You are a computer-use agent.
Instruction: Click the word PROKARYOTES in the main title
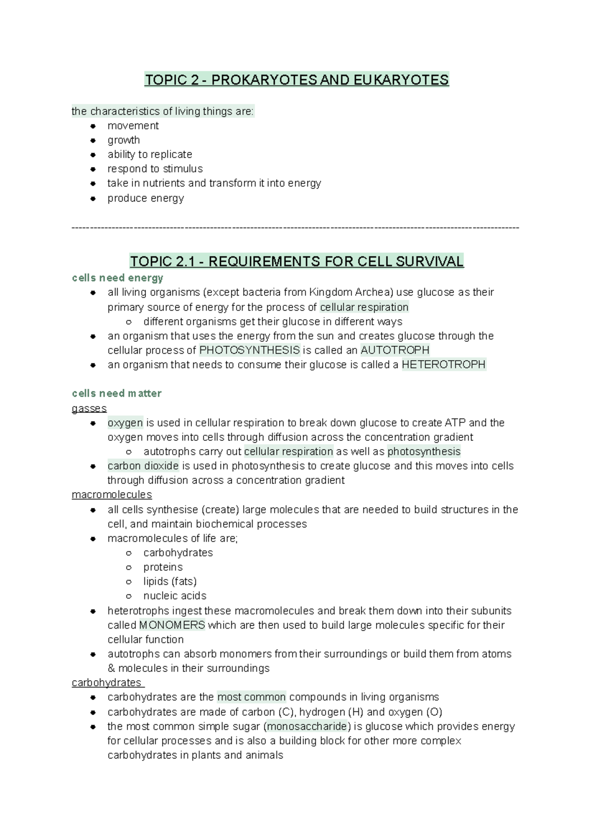tap(264, 80)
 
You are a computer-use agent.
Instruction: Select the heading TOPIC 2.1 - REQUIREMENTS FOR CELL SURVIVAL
tap(296, 261)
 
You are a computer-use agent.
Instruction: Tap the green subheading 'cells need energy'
tap(118, 278)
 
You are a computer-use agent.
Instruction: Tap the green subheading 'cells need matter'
tap(117, 393)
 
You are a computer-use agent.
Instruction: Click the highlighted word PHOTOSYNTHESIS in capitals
tap(250, 350)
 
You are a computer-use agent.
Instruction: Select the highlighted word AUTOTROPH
tap(395, 350)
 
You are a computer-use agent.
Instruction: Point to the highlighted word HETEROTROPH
tap(444, 365)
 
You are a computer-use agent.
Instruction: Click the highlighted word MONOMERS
tap(172, 625)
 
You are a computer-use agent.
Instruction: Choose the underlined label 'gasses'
tap(89, 408)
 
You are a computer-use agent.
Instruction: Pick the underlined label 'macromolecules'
tap(112, 495)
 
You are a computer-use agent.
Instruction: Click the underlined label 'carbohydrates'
tap(107, 682)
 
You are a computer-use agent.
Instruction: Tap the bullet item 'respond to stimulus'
tap(155, 168)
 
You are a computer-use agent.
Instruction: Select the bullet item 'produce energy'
tap(146, 198)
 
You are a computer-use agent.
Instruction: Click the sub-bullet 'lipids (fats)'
tap(170, 581)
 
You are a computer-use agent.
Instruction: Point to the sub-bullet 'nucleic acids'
tap(175, 595)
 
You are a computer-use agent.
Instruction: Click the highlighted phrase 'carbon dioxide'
tap(143, 466)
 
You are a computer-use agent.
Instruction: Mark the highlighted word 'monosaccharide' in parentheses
tap(307, 726)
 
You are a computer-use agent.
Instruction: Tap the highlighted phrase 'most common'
tap(252, 697)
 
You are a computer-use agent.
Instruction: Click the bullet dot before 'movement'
tap(92, 126)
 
